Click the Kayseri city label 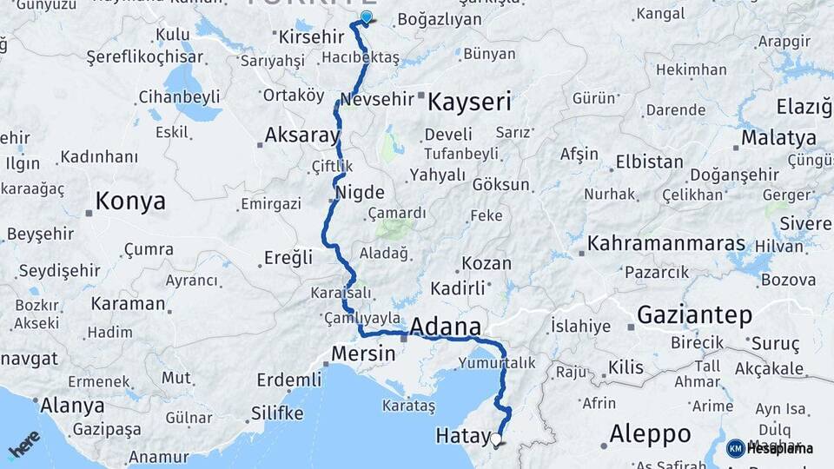470,102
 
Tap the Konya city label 130,201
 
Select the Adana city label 444,327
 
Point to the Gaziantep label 694,315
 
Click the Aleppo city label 650,433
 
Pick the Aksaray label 301,135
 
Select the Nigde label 359,193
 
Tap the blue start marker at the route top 366,17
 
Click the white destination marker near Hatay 496,439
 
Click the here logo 23,443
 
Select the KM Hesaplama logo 770,448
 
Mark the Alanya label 73,406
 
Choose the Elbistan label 649,162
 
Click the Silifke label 276,412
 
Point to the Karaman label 128,304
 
